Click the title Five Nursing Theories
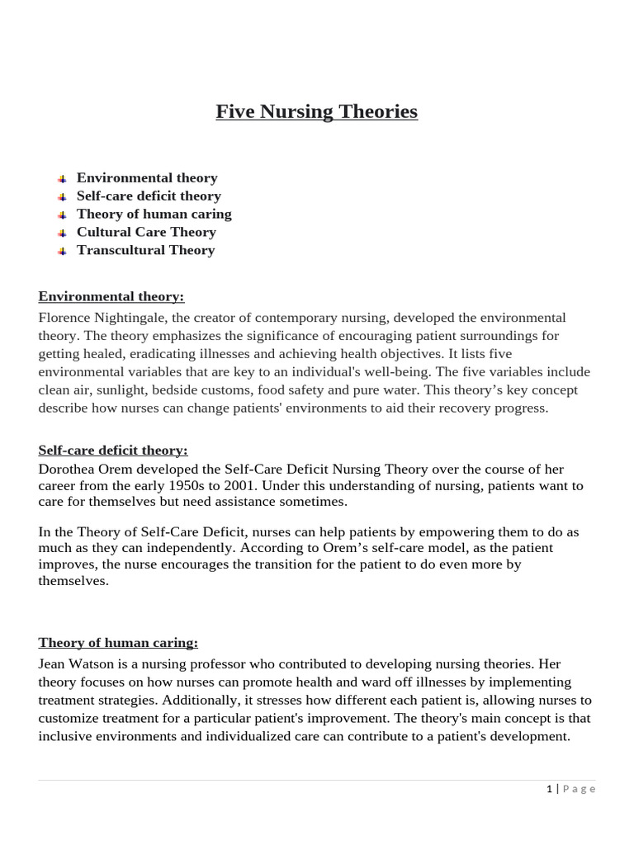pyautogui.click(x=317, y=111)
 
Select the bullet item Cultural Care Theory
pyautogui.click(x=146, y=232)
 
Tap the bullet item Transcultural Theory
pyautogui.click(x=145, y=250)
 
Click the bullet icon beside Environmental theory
pyautogui.click(x=63, y=179)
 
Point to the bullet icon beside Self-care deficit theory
pyautogui.click(x=63, y=197)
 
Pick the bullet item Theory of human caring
pyautogui.click(x=154, y=214)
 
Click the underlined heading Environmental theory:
pyautogui.click(x=111, y=296)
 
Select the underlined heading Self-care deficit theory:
pyautogui.click(x=113, y=450)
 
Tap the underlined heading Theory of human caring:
pyautogui.click(x=118, y=643)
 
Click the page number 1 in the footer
pyautogui.click(x=549, y=789)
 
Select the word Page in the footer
pyautogui.click(x=580, y=789)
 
